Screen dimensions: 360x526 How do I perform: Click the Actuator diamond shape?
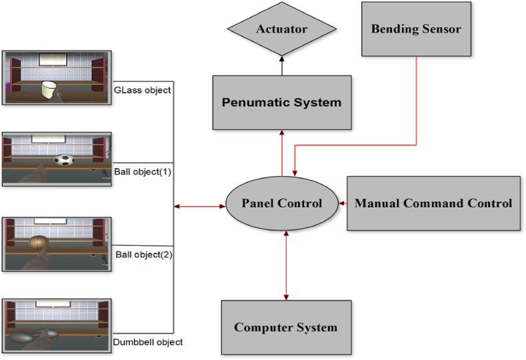[281, 29]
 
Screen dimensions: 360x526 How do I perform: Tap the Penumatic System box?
[281, 102]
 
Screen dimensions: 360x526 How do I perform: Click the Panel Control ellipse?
[281, 203]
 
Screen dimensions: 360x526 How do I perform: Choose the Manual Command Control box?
[433, 203]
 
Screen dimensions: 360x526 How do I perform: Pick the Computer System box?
[285, 327]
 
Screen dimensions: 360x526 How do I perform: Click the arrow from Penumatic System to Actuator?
[281, 65]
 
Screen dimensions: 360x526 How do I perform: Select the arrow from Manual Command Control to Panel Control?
[341, 203]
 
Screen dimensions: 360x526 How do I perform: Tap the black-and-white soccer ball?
[64, 161]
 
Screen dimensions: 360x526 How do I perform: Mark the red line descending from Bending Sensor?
[417, 100]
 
